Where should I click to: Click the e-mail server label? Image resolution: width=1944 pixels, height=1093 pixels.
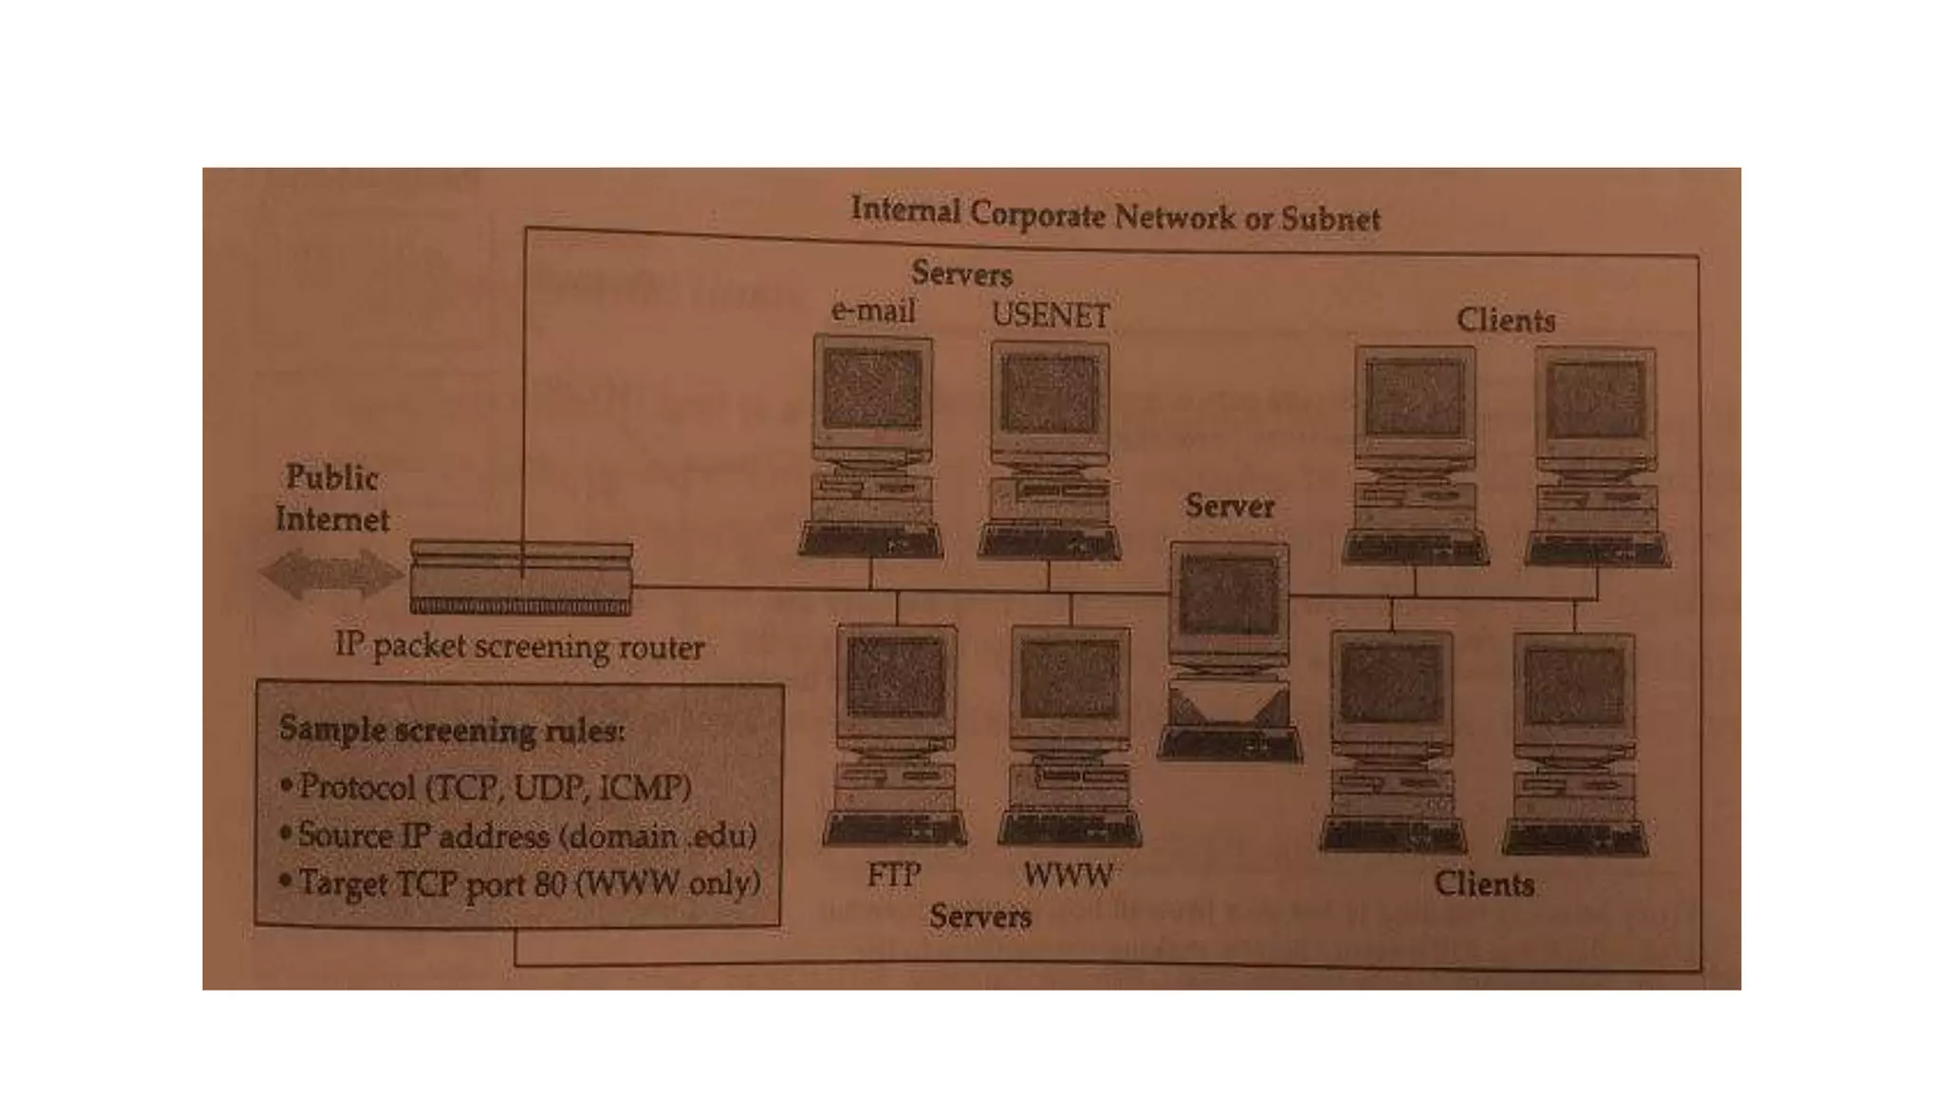[x=872, y=311]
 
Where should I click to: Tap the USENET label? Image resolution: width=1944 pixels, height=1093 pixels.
[x=1050, y=315]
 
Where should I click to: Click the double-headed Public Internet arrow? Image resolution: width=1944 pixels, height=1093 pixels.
[x=331, y=574]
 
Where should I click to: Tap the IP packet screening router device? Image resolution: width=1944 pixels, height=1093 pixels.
[x=521, y=578]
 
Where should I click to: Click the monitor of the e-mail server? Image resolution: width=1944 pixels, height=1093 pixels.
[x=872, y=389]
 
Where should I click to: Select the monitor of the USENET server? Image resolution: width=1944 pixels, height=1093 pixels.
[x=1050, y=394]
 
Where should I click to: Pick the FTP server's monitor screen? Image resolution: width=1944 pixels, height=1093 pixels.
[x=896, y=676]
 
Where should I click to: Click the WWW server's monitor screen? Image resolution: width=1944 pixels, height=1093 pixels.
[x=1072, y=678]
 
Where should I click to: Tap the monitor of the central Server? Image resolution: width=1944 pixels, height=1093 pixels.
[x=1228, y=596]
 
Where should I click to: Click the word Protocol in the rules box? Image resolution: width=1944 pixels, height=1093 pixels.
[x=357, y=787]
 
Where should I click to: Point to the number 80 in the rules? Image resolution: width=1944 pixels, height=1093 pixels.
[x=550, y=884]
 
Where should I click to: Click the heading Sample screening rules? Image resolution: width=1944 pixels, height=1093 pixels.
[x=452, y=732]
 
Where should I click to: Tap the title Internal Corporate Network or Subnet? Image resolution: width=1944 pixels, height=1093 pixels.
[x=1115, y=214]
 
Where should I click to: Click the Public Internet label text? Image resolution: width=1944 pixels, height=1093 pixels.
[x=332, y=498]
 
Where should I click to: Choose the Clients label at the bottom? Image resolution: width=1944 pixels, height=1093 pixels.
[x=1484, y=884]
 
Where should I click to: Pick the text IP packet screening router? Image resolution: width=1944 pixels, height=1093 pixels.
[x=519, y=647]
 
